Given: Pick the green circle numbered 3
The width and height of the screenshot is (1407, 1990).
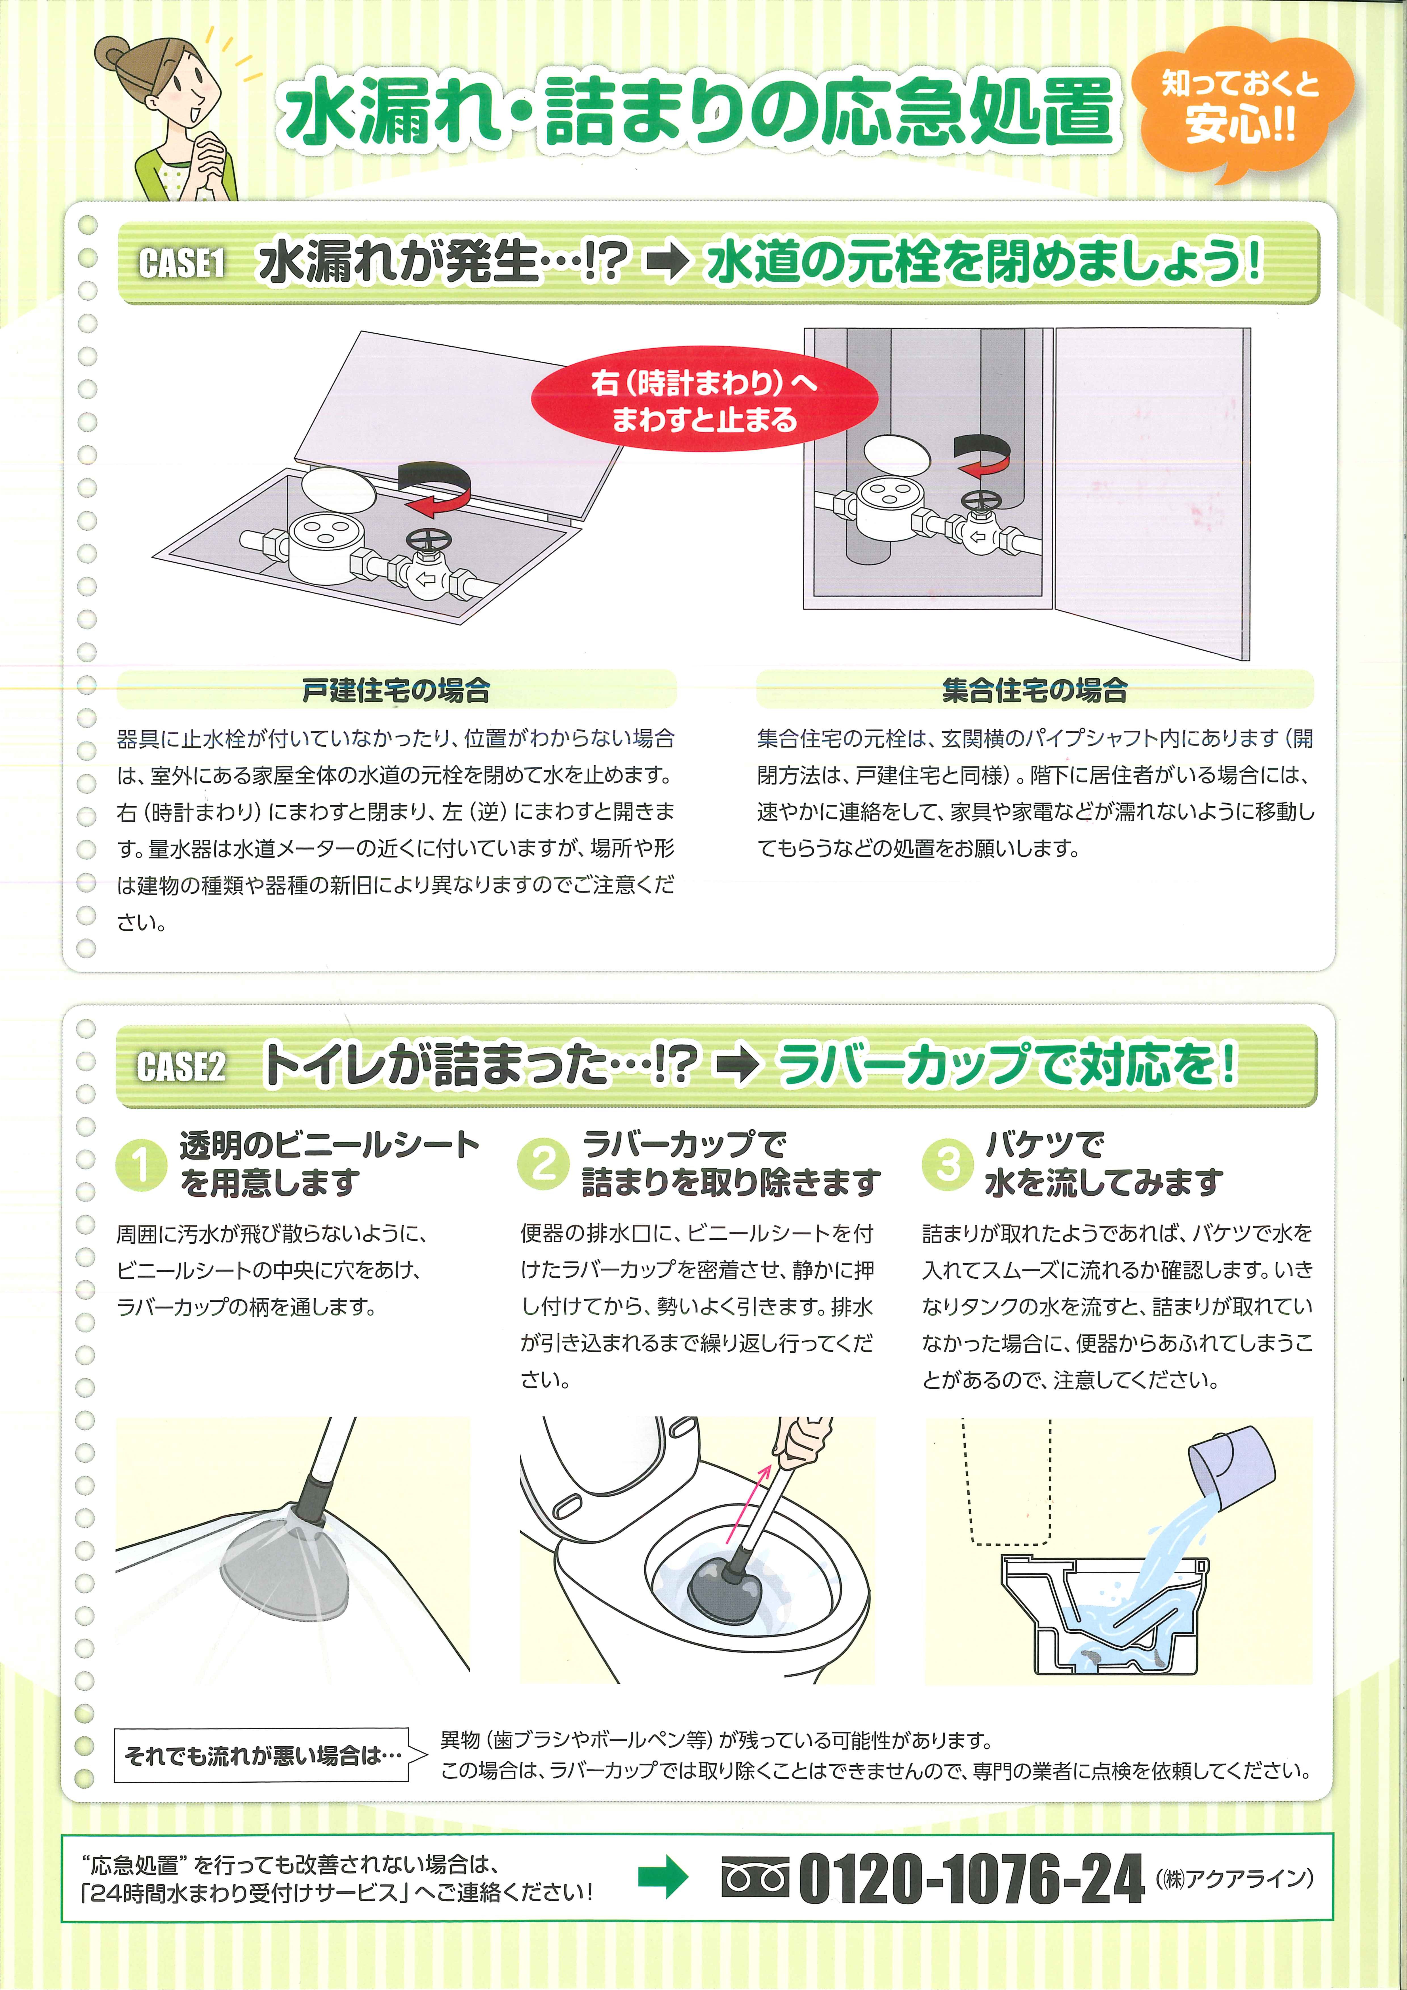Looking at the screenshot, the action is (x=948, y=1164).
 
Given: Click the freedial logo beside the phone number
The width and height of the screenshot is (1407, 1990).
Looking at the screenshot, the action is (x=755, y=1877).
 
